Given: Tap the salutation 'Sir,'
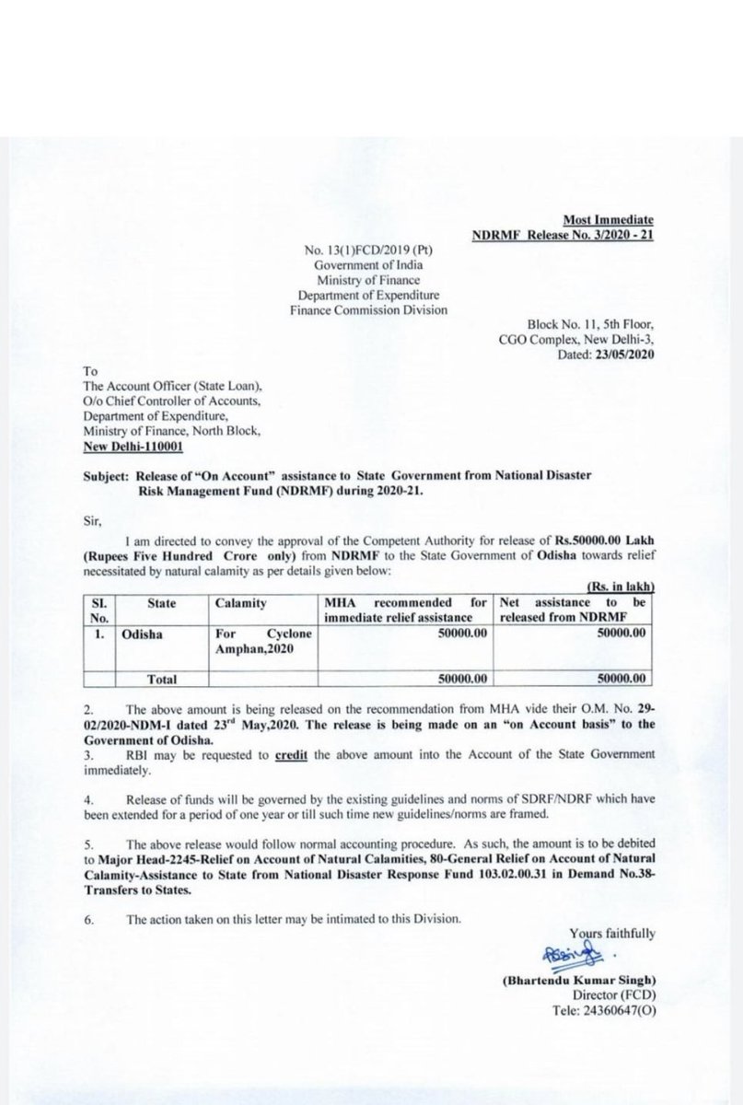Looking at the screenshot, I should [x=92, y=518].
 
